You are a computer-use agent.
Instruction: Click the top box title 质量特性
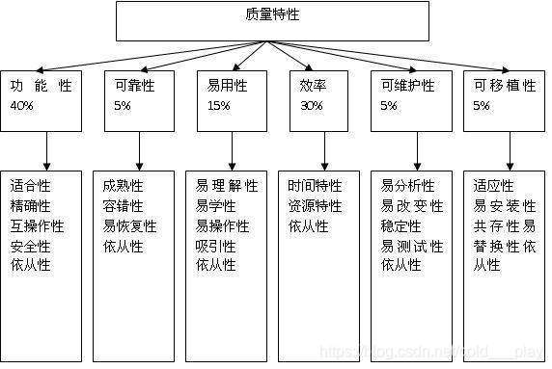tap(273, 16)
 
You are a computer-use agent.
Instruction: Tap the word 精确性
tap(31, 205)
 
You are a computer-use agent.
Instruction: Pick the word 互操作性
tap(37, 225)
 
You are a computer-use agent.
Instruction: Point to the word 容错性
tap(124, 205)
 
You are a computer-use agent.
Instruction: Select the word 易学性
tap(216, 205)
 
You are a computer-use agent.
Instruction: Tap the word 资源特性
tap(315, 205)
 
